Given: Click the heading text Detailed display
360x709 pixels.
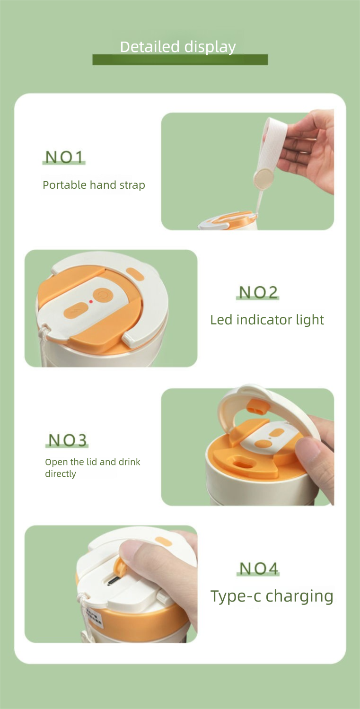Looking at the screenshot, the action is (178, 47).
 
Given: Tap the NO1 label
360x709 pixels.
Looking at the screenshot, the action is (64, 157).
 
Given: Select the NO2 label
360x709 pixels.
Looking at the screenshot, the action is (258, 292).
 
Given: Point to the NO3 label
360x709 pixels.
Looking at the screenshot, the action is (67, 440).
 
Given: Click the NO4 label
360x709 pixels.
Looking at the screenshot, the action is (258, 569).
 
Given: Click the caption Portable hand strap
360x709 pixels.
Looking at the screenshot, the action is (94, 185).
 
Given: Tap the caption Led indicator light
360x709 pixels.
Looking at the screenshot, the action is (267, 320).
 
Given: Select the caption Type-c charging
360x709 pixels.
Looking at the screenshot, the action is (272, 596).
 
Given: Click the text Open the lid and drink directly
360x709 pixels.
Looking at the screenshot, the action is (92, 467).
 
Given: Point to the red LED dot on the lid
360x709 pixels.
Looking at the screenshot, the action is (91, 301).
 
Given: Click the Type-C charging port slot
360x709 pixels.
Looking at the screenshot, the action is (113, 581).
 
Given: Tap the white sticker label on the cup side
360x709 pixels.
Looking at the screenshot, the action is (95, 616).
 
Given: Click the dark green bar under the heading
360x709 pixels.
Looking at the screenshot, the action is (180, 60).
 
